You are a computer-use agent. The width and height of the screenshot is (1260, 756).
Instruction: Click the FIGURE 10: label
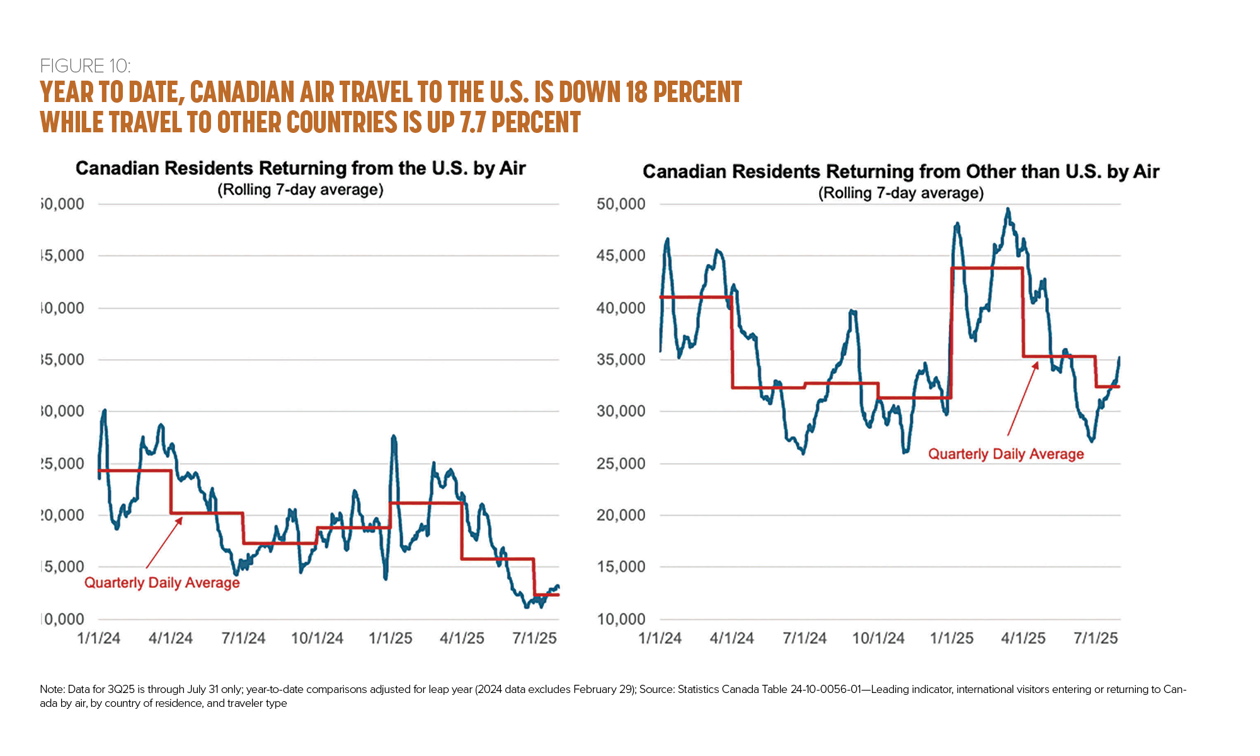pyautogui.click(x=85, y=66)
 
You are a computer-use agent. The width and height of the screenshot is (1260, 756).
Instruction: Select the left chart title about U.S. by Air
pyautogui.click(x=301, y=168)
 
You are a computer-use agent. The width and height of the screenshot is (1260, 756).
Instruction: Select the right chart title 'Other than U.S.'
pyautogui.click(x=901, y=171)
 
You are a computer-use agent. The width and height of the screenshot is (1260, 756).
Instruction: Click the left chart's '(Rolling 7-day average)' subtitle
pyautogui.click(x=301, y=190)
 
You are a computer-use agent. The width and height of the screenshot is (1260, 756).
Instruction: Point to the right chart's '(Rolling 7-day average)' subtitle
pyautogui.click(x=901, y=193)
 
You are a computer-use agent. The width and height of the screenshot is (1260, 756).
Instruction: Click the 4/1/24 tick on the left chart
pyautogui.click(x=170, y=638)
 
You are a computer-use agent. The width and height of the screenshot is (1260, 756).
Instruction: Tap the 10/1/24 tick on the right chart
pyautogui.click(x=878, y=638)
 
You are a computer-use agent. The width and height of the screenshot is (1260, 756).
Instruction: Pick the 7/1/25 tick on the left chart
pyautogui.click(x=534, y=638)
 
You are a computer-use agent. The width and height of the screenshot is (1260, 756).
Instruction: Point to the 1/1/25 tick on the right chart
pyautogui.click(x=951, y=638)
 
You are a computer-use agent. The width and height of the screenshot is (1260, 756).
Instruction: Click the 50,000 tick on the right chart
pyautogui.click(x=621, y=204)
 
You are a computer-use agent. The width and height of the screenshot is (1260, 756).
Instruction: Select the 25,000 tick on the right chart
pyautogui.click(x=621, y=464)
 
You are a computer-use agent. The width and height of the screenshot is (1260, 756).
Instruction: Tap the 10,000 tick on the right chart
pyautogui.click(x=621, y=619)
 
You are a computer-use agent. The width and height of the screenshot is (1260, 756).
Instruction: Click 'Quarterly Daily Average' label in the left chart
pyautogui.click(x=162, y=583)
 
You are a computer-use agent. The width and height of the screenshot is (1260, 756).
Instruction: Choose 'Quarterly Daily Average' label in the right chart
pyautogui.click(x=1006, y=454)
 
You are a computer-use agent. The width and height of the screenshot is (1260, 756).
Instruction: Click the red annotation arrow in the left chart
pyautogui.click(x=164, y=543)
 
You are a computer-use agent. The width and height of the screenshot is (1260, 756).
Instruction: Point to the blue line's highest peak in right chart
pyautogui.click(x=1008, y=209)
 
